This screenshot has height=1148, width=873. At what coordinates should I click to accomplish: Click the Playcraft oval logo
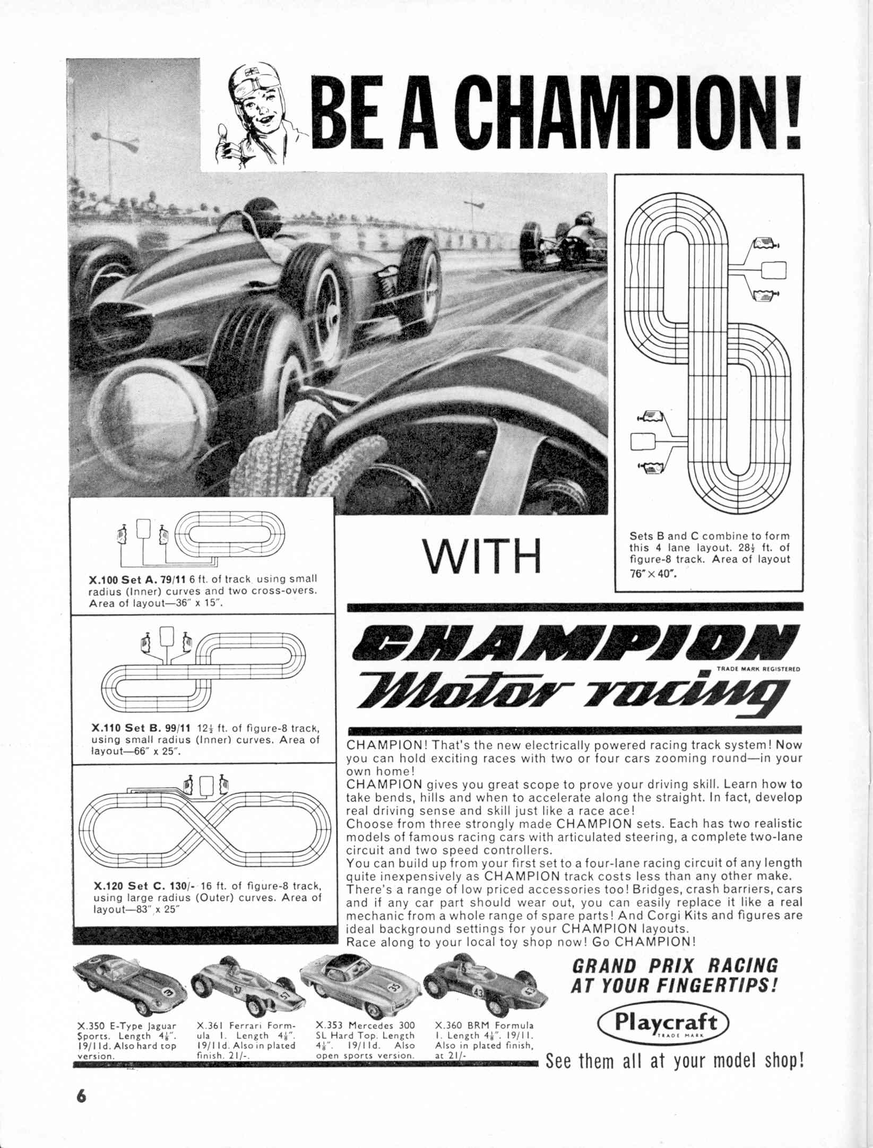pos(663,1023)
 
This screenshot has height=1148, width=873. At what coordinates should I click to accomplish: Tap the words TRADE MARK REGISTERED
pos(758,669)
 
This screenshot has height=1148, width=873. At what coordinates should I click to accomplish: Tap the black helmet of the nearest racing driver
pos(263,213)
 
